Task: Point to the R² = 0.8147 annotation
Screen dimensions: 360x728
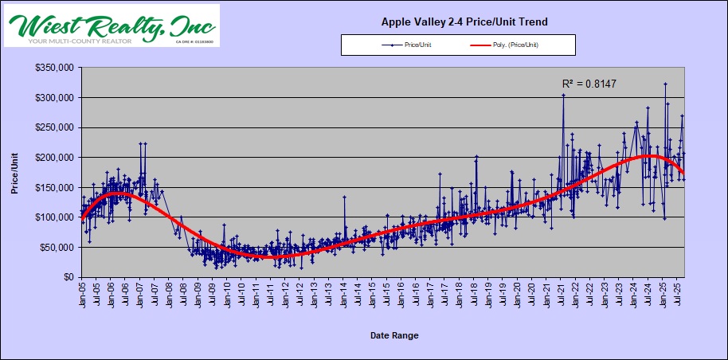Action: [x=589, y=83]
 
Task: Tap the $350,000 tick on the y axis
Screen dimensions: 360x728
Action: [x=54, y=68]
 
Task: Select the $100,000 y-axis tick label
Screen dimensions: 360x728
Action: [x=54, y=217]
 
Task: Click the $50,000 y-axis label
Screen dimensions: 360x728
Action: [x=57, y=248]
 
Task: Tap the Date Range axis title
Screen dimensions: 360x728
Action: [x=394, y=335]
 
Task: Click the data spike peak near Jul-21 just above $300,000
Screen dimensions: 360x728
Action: [x=563, y=95]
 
